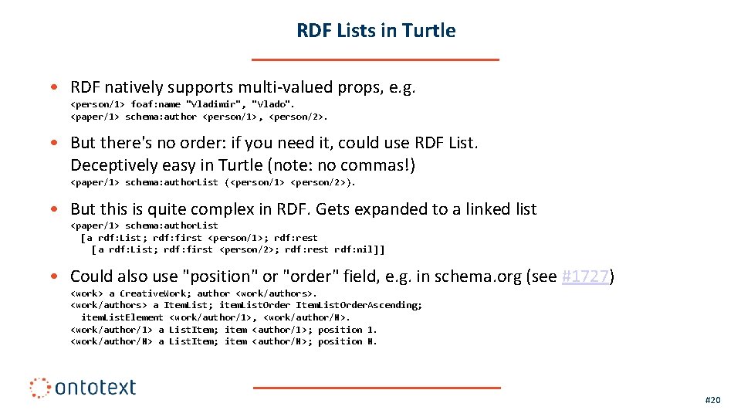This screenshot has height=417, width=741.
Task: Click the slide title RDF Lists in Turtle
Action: pos(376,31)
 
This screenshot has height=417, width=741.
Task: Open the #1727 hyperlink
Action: pos(586,276)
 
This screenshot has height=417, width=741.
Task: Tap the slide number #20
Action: pos(712,400)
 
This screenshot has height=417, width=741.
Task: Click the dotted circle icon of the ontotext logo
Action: pos(40,388)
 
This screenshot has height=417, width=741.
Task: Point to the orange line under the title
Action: pos(376,59)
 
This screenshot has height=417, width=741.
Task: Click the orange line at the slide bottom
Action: pos(376,388)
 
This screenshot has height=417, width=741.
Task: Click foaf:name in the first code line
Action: pos(155,104)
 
